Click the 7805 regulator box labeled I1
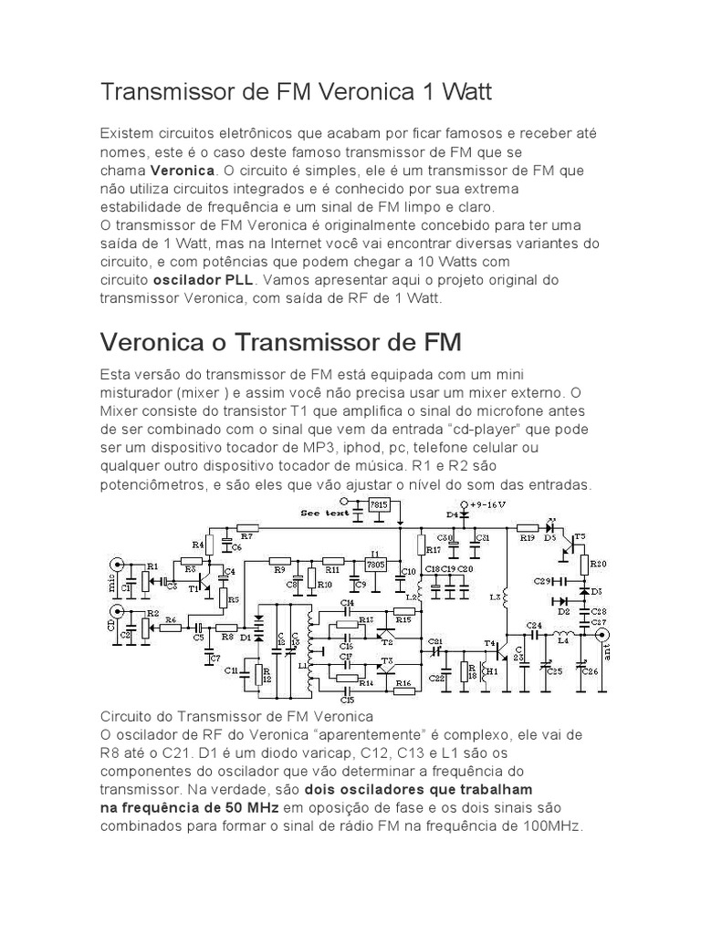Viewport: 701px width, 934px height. [374, 562]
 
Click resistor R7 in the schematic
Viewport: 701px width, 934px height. [245, 528]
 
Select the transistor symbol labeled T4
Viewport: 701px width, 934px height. [499, 649]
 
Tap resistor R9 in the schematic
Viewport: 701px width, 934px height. [280, 560]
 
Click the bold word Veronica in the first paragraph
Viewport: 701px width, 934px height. [183, 171]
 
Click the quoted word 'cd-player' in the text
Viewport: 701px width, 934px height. [482, 430]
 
